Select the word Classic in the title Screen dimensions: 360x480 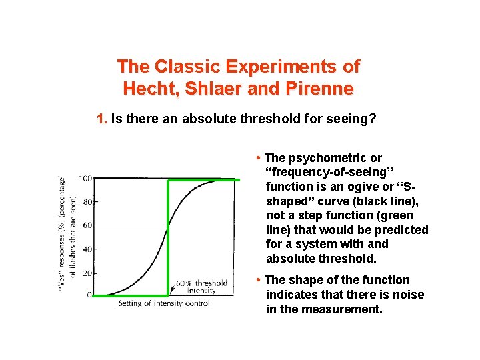[188, 67]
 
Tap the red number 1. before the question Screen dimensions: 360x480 [101, 119]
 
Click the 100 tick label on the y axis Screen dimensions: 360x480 [85, 179]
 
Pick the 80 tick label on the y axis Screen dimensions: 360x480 [87, 201]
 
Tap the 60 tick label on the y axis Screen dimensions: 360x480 [87, 225]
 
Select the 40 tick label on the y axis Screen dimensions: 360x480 [87, 248]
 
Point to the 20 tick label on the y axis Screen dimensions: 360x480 [87, 271]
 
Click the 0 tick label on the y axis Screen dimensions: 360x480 [89, 295]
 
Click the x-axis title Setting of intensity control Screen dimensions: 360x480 [164, 304]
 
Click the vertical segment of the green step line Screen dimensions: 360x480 [168, 237]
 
